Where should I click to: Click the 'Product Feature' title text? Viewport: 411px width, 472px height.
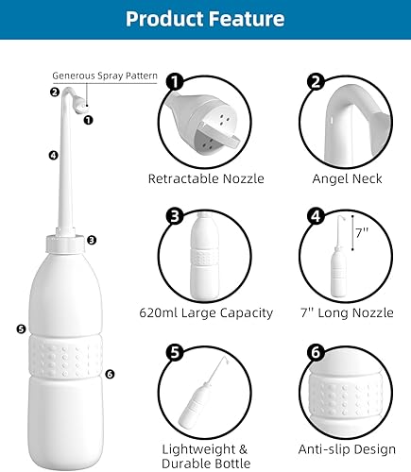pyautogui.click(x=205, y=19)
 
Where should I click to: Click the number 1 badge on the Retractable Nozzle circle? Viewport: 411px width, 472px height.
pyautogui.click(x=174, y=82)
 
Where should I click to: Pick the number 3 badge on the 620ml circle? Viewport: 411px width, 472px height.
pyautogui.click(x=174, y=217)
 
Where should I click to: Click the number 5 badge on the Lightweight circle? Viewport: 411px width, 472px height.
pyautogui.click(x=174, y=352)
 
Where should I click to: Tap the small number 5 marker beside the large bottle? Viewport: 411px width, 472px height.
pyautogui.click(x=20, y=329)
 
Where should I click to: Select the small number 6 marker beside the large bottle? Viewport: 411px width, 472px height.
pyautogui.click(x=110, y=374)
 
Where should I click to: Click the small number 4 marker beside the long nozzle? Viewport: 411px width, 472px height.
pyautogui.click(x=27, y=155)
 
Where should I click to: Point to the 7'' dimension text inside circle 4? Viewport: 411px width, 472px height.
pyautogui.click(x=361, y=232)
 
